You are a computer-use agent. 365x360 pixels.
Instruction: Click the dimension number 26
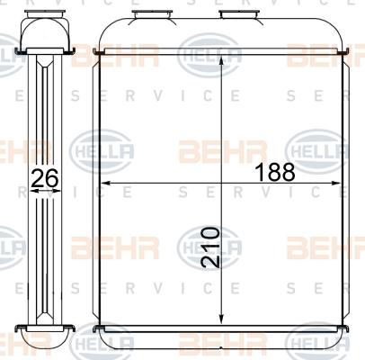(x=45, y=178)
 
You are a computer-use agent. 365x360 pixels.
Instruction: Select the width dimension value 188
(x=275, y=172)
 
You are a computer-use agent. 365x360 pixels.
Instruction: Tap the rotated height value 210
(x=210, y=247)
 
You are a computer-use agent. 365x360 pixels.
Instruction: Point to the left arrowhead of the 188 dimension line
(x=106, y=183)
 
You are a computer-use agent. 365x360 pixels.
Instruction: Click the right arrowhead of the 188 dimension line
(x=336, y=183)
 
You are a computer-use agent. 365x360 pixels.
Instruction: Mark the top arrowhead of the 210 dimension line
(x=221, y=61)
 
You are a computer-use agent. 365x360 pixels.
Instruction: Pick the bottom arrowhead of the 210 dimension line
(x=221, y=319)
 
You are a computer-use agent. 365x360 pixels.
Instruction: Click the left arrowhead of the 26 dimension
(x=34, y=191)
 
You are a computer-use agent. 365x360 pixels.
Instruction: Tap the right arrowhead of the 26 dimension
(x=58, y=191)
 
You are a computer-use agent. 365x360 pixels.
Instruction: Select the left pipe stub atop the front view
(x=152, y=14)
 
